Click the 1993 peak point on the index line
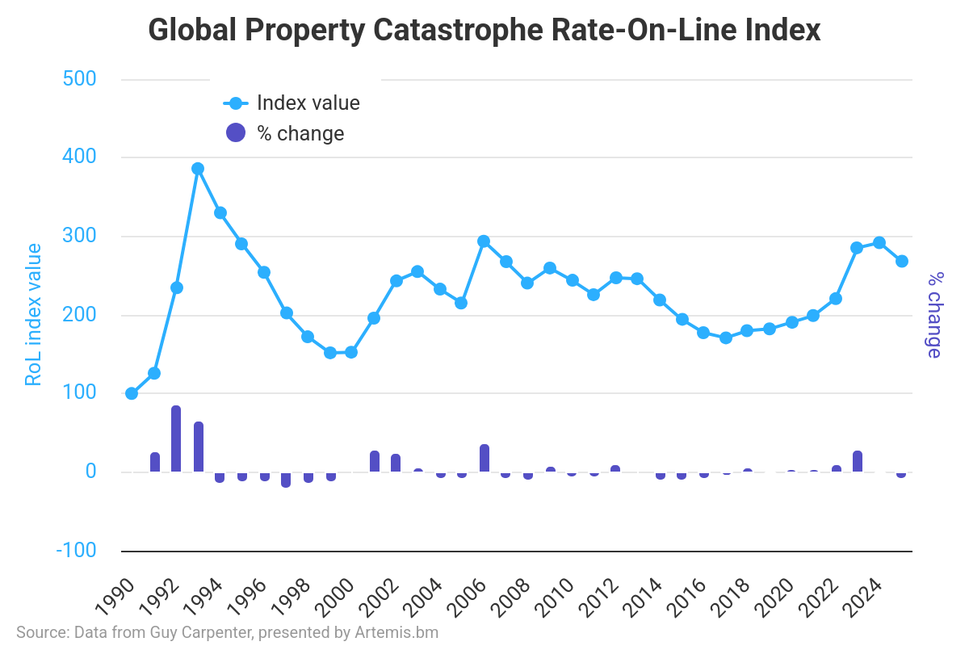(x=198, y=169)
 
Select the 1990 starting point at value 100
(x=132, y=393)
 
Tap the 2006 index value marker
(x=484, y=241)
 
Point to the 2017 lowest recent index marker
(x=726, y=338)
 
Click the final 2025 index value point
(x=902, y=261)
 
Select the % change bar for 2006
(x=484, y=458)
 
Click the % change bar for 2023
(x=858, y=461)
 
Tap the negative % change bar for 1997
(x=286, y=480)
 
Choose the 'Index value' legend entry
(x=292, y=103)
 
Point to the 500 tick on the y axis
(x=79, y=79)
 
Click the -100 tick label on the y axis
(x=76, y=550)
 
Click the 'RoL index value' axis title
(x=33, y=315)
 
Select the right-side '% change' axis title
(x=934, y=315)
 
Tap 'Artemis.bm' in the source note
(x=396, y=632)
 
